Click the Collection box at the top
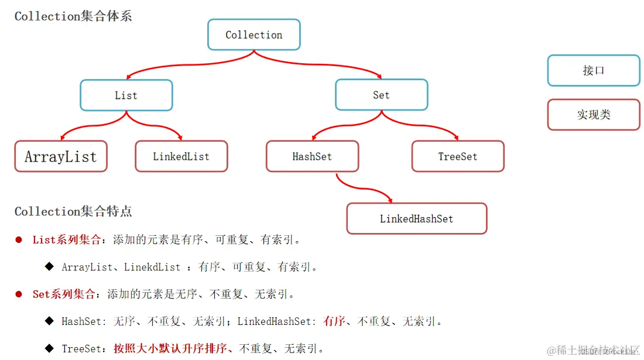tap(254, 35)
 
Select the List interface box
tap(126, 95)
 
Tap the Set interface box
tap(381, 95)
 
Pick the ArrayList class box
tap(60, 156)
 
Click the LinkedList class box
tap(181, 156)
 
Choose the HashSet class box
tap(312, 156)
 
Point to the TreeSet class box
tap(457, 156)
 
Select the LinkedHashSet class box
tap(416, 218)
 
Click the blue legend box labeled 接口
tap(593, 70)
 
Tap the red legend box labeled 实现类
tap(593, 115)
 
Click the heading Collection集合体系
tap(73, 16)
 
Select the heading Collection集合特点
tap(73, 211)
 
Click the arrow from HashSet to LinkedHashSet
tap(363, 188)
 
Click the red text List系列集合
tap(66, 240)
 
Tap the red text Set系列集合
tap(63, 294)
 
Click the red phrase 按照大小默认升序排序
tap(173, 349)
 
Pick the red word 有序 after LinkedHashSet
tap(334, 321)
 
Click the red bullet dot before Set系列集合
tap(19, 294)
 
